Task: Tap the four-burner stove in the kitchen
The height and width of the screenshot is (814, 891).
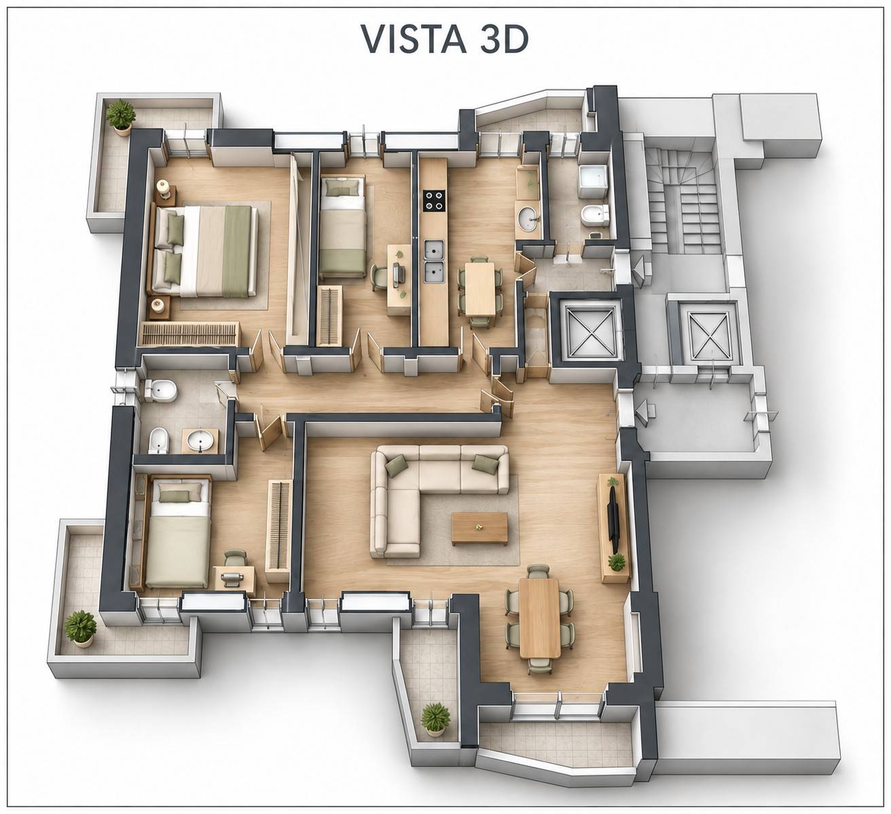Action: coord(434,200)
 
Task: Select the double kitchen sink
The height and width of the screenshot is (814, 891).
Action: coord(434,261)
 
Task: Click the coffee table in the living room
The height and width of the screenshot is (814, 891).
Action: coord(479,529)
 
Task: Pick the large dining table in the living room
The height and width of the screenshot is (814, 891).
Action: coord(539,618)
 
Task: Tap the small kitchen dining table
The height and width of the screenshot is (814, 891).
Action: coord(479,289)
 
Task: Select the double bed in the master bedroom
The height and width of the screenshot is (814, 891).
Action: coord(205,251)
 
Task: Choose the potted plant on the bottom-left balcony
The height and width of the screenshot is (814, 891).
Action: coord(80,628)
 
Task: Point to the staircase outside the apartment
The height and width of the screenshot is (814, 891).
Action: coord(682,200)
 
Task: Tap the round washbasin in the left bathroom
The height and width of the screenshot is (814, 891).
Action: coord(200,441)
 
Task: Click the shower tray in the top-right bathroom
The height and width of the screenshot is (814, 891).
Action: coord(593,182)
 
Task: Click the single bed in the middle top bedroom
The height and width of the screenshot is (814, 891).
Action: coord(343,225)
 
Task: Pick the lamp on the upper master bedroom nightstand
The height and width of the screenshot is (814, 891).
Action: coord(164,188)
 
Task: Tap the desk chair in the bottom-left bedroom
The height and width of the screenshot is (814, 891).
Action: coord(234,558)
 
